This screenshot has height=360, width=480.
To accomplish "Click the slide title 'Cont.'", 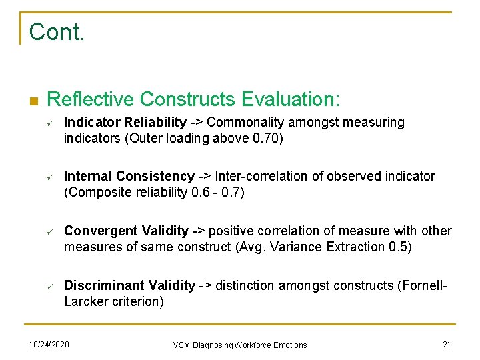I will pyautogui.click(x=57, y=31).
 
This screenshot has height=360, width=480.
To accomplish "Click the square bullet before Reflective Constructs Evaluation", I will pyautogui.click(x=33, y=101).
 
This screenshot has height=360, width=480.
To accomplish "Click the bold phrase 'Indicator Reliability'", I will pyautogui.click(x=125, y=122).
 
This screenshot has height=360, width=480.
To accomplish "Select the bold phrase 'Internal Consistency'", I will pyautogui.click(x=129, y=177).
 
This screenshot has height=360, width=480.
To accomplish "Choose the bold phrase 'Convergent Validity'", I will pyautogui.click(x=126, y=231).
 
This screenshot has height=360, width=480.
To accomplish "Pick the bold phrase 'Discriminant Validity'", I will pyautogui.click(x=129, y=286).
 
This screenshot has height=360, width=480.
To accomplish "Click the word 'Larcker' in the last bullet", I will pyautogui.click(x=85, y=302).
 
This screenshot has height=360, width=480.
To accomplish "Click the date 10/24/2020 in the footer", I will pyautogui.click(x=49, y=344).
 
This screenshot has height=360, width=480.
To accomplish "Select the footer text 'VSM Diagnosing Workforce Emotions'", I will pyautogui.click(x=240, y=345).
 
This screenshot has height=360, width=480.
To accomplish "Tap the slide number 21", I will pyautogui.click(x=446, y=344).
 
